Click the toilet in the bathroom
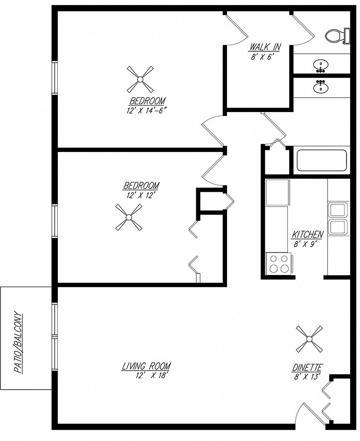coord(336,35)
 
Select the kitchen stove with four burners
coord(279,264)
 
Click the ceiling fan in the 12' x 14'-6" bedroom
coord(140,79)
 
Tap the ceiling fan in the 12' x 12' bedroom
coord(128,217)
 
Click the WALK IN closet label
coord(265,48)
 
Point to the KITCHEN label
coord(308,235)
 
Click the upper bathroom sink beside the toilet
coord(321,65)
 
